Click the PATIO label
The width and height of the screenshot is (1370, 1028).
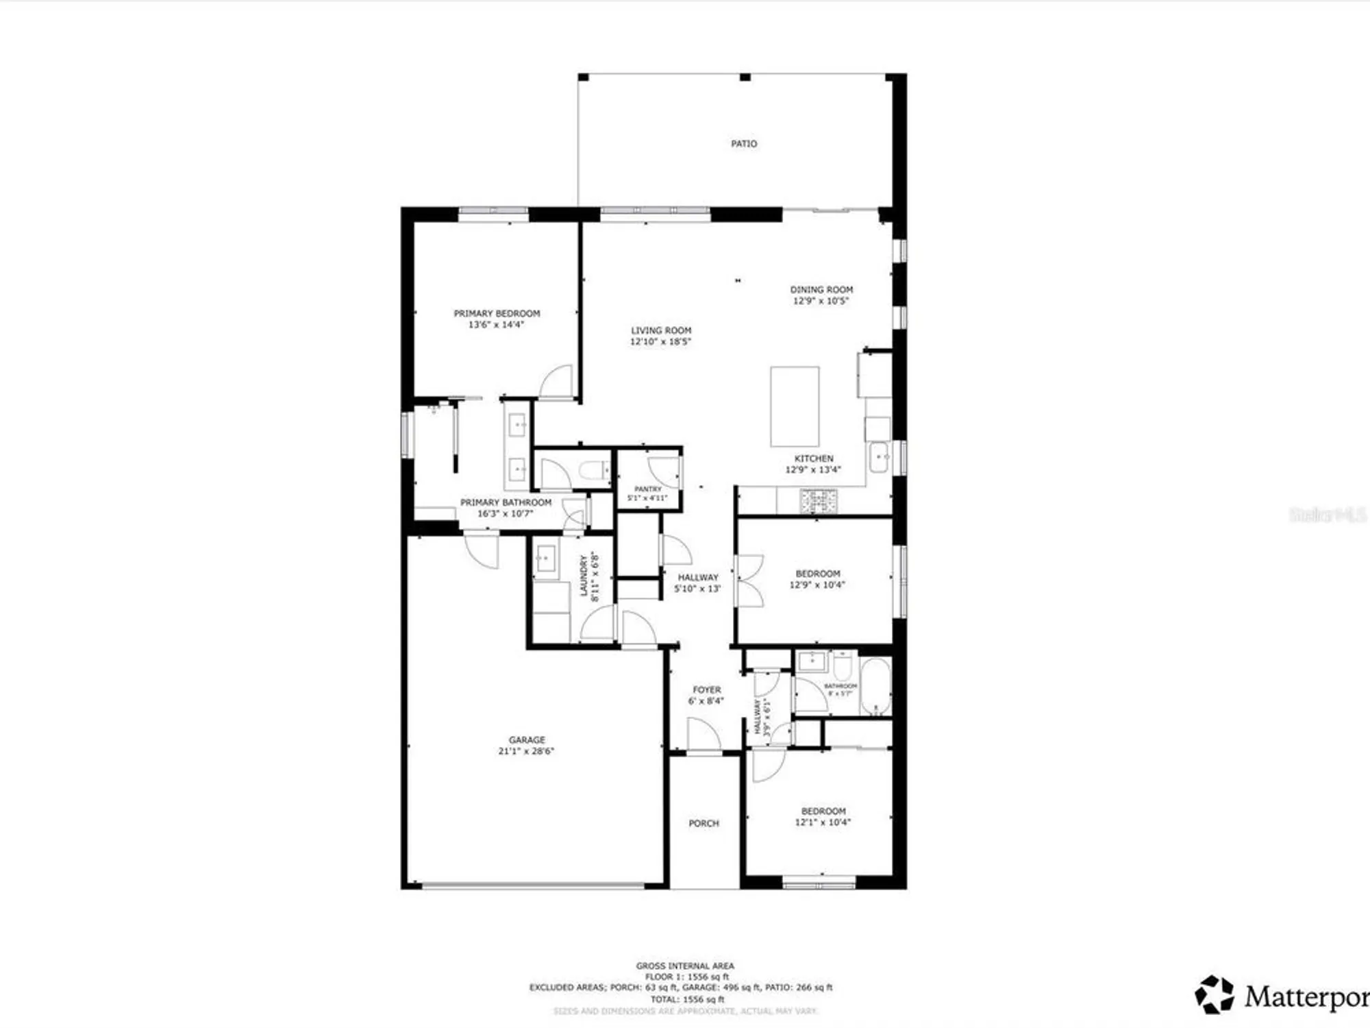pyautogui.click(x=744, y=144)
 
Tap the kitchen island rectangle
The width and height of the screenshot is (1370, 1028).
pyautogui.click(x=795, y=407)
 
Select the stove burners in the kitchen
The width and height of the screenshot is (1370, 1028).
pyautogui.click(x=819, y=501)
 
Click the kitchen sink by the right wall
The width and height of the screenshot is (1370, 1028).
pyautogui.click(x=879, y=457)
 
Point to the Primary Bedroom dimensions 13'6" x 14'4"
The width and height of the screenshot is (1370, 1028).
pyautogui.click(x=496, y=325)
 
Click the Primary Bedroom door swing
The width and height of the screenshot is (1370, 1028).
pyautogui.click(x=557, y=382)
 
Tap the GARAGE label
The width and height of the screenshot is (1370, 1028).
pyautogui.click(x=527, y=740)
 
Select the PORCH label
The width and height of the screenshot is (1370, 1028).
pyautogui.click(x=703, y=824)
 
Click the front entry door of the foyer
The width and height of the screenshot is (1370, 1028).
pyautogui.click(x=703, y=735)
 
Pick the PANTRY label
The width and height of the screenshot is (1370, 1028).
pyautogui.click(x=648, y=489)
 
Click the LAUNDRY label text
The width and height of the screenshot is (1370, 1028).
pyautogui.click(x=584, y=576)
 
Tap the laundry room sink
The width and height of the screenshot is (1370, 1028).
pyautogui.click(x=546, y=559)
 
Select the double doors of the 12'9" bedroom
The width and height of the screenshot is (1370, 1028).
pyautogui.click(x=749, y=581)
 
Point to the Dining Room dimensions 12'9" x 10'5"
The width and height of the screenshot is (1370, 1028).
pyautogui.click(x=821, y=301)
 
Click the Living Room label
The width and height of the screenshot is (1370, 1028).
pyautogui.click(x=661, y=330)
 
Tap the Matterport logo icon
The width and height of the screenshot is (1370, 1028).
pyautogui.click(x=1214, y=994)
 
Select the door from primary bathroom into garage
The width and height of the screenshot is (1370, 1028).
pyautogui.click(x=482, y=550)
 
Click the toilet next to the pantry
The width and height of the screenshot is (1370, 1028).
pyautogui.click(x=593, y=471)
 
